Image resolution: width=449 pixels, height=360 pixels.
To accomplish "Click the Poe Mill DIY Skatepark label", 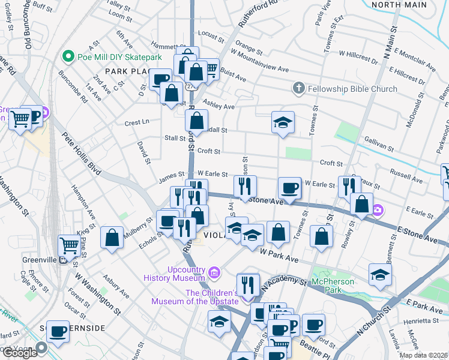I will tap(120, 57).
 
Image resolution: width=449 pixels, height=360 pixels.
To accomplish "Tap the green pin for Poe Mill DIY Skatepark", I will tap(69, 57).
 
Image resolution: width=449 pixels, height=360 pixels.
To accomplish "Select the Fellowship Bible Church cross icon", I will tap(298, 89).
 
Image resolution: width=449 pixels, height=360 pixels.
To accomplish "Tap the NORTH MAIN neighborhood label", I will tap(399, 5).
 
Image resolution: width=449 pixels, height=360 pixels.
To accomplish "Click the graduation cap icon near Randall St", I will tap(283, 122).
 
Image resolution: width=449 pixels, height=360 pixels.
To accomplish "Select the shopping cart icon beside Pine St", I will tap(70, 245).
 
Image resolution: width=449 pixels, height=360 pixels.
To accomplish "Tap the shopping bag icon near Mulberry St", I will tap(112, 237).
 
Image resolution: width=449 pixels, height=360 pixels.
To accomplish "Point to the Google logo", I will tap(19, 353).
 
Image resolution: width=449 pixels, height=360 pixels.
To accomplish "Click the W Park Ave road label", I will tap(279, 256).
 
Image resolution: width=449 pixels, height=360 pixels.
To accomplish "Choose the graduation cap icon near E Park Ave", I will tap(380, 275).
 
